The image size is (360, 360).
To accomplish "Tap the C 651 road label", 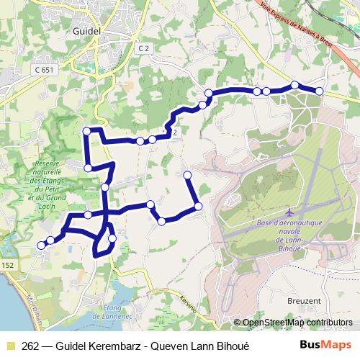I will point(43,71).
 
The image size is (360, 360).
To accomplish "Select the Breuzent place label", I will point(303,300).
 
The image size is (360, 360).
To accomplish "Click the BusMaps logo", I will point(325,345).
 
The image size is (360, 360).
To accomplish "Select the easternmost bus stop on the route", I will point(319,91).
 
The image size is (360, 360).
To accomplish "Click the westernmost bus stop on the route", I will point(41,245).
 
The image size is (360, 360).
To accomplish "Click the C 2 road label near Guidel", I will point(145,48).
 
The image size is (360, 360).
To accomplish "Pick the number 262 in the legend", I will point(31,346).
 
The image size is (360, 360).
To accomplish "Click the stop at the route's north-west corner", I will point(87,130).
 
